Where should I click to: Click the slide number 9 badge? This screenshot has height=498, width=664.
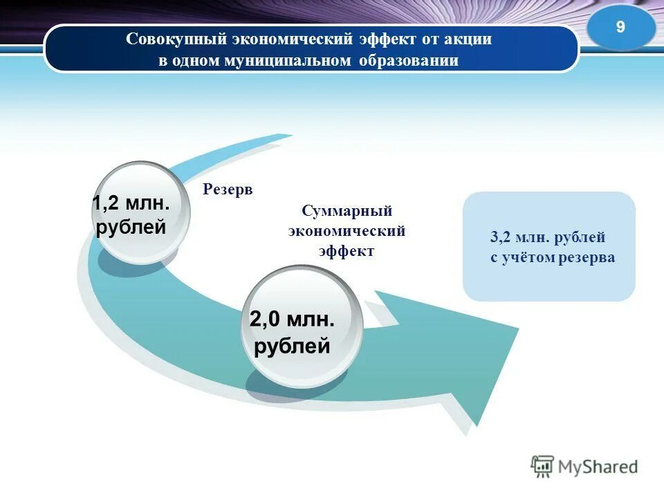620,28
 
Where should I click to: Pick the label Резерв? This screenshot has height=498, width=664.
228,190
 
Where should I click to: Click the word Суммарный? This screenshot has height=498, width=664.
347,210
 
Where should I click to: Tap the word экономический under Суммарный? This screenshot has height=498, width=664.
347,230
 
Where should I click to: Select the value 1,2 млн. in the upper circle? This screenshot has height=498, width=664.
131,203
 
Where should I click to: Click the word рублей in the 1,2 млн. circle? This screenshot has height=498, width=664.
131,227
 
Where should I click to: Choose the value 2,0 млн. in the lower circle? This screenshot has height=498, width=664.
292,320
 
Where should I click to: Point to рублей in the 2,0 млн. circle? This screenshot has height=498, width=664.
292,345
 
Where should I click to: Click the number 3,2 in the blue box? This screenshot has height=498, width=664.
500,237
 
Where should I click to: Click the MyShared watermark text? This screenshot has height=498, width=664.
598,467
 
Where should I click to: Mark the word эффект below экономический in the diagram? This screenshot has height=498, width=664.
347,251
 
